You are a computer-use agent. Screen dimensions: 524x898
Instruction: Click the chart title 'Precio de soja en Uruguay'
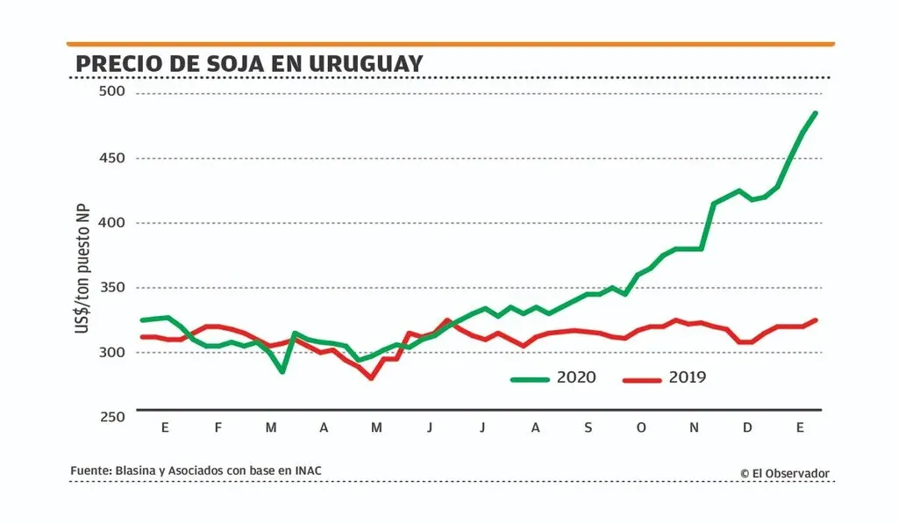pyautogui.click(x=249, y=63)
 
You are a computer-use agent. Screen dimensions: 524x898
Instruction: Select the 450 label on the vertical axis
pyautogui.click(x=110, y=159)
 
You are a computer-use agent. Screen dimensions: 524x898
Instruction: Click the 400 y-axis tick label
pyautogui.click(x=110, y=223)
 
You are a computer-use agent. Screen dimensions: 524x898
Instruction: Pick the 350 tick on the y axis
pyautogui.click(x=110, y=288)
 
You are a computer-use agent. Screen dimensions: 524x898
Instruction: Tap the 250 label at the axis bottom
pyautogui.click(x=110, y=417)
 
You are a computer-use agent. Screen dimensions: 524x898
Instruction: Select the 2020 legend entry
pyautogui.click(x=553, y=378)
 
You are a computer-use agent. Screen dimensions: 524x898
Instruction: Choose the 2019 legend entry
pyautogui.click(x=665, y=378)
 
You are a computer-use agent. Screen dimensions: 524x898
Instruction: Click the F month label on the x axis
pyautogui.click(x=218, y=427)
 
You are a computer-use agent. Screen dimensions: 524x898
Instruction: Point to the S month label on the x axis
pyautogui.click(x=588, y=427)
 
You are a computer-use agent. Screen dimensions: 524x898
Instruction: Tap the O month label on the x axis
pyautogui.click(x=641, y=427)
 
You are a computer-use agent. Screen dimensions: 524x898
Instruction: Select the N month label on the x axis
pyautogui.click(x=694, y=427)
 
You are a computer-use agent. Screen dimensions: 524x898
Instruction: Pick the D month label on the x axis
pyautogui.click(x=747, y=427)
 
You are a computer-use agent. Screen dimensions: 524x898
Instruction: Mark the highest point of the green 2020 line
pyautogui.click(x=816, y=112)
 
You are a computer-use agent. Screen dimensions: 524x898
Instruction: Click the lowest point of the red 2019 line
pyautogui.click(x=371, y=378)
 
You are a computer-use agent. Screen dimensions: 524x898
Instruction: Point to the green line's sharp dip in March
pyautogui.click(x=282, y=371)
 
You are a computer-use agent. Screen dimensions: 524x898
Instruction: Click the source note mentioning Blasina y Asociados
pyautogui.click(x=196, y=471)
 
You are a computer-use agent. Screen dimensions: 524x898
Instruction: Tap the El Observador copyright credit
pyautogui.click(x=784, y=473)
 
